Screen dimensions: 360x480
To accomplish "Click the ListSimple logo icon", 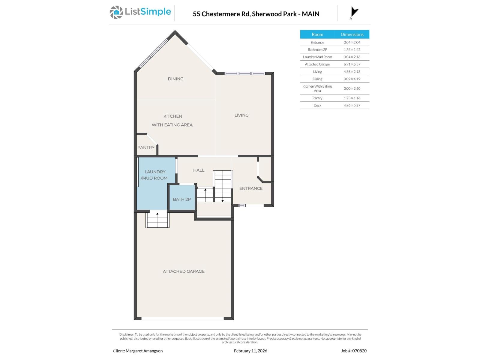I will click(116, 13).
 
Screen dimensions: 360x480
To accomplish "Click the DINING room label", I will click(175, 79).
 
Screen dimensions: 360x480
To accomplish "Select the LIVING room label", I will click(241, 115).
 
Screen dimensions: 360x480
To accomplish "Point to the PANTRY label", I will click(146, 148).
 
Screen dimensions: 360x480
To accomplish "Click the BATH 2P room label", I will click(181, 199).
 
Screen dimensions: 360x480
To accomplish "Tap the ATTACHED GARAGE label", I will click(184, 271).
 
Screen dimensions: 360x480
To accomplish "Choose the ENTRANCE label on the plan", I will click(251, 188).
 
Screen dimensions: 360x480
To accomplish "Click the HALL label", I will click(199, 170).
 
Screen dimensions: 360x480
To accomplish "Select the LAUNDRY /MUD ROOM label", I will click(154, 175).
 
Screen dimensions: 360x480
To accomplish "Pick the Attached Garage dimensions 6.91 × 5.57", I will click(352, 64).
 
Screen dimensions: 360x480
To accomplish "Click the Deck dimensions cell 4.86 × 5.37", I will click(352, 105).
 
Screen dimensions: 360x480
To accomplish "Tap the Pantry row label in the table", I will click(317, 98).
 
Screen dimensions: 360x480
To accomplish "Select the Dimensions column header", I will click(352, 34).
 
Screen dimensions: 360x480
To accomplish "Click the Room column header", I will click(317, 34).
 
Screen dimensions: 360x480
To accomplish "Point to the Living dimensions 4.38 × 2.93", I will click(352, 72).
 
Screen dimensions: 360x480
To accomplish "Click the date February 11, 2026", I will click(250, 351).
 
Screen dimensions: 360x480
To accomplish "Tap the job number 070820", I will click(359, 351).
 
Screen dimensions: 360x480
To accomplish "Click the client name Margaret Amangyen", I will click(144, 351).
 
